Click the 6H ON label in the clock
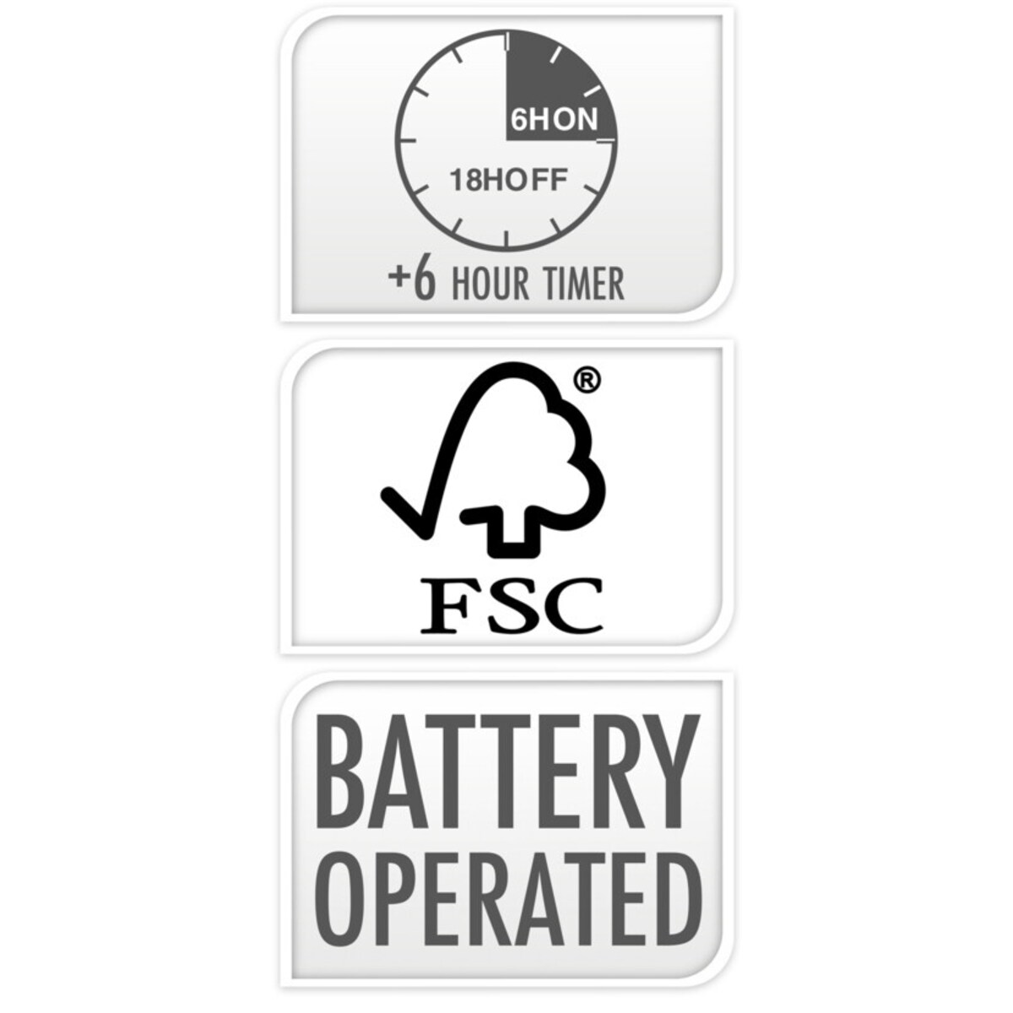555,121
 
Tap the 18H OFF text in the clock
509,181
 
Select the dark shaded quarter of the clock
557,89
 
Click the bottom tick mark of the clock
506,238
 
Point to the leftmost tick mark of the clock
408,141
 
